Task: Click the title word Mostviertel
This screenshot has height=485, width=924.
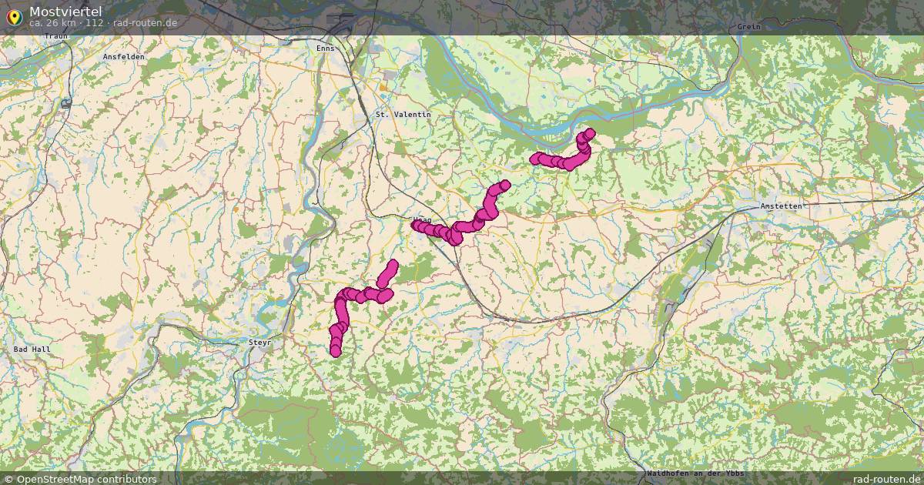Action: [x=65, y=11]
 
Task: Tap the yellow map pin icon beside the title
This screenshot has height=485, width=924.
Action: [x=14, y=16]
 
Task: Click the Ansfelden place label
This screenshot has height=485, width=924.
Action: [x=124, y=57]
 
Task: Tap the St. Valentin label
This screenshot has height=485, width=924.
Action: [x=403, y=114]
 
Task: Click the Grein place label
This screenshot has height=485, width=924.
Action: [x=748, y=27]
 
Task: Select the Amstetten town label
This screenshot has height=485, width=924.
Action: [x=781, y=206]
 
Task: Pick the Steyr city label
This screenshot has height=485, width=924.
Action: [x=260, y=341]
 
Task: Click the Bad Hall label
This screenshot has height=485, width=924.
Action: [x=32, y=349]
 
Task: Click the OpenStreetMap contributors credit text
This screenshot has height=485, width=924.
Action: [x=86, y=479]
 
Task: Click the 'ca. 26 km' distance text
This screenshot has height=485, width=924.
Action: [x=52, y=23]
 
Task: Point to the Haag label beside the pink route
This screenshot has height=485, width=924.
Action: [x=421, y=220]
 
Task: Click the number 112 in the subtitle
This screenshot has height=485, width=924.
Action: [x=95, y=23]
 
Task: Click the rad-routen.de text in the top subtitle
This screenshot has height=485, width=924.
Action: [x=145, y=23]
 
